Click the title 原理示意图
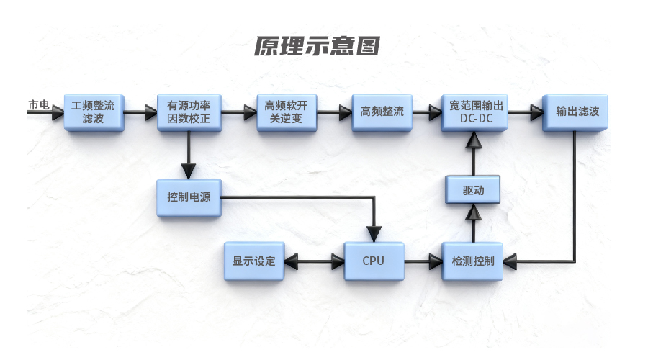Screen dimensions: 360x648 coord(317,46)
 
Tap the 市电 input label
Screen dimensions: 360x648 coord(38,106)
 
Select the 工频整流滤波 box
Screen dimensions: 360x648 coord(94,112)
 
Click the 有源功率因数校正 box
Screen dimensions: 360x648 coord(189,112)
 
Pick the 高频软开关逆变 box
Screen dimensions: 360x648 coord(287,112)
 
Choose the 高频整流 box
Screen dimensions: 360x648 coord(382,112)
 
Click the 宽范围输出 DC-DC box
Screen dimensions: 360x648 coord(473,112)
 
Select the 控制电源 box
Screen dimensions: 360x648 coord(189,197)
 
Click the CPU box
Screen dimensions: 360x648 coord(373,261)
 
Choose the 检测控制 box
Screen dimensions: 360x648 coord(473,261)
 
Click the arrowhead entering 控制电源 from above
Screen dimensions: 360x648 coord(189,171)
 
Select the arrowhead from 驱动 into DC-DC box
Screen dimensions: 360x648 coord(473,142)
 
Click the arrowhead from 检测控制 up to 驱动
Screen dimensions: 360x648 coord(473,212)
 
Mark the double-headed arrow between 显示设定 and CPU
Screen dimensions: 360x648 coord(314,261)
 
